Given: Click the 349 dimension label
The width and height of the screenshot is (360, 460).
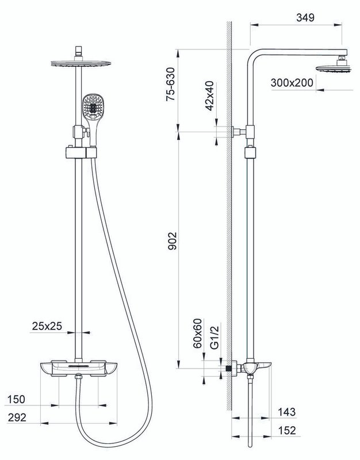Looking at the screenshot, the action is click(x=305, y=17).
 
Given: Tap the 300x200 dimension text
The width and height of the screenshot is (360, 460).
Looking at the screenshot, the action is click(x=292, y=83).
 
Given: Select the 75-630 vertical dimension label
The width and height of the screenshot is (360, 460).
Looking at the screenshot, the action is click(x=170, y=84).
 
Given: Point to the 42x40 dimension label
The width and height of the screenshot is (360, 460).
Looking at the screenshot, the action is click(x=210, y=96).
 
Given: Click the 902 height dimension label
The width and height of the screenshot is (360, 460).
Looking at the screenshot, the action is click(x=173, y=241).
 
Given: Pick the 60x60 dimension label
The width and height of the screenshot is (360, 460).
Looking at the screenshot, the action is click(x=198, y=333).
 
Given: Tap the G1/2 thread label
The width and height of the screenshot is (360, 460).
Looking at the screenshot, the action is click(x=215, y=337).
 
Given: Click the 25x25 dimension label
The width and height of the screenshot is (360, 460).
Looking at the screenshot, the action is click(x=47, y=326).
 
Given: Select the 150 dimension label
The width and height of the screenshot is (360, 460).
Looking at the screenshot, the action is click(x=16, y=399).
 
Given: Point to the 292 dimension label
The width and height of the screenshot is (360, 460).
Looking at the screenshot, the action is click(x=17, y=417).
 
